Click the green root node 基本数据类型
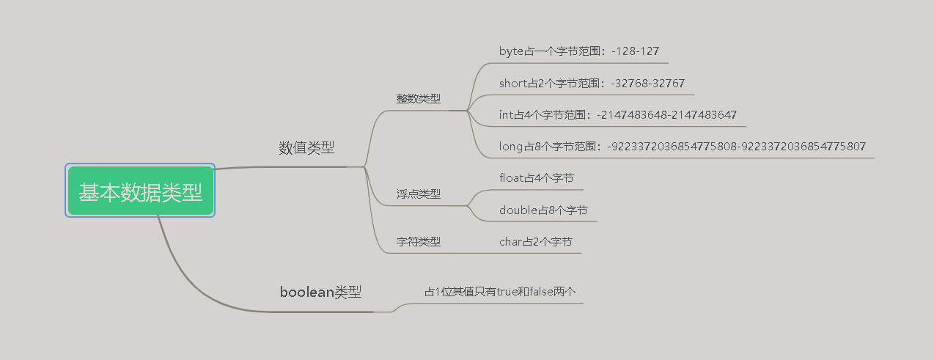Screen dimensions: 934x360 point(140,191)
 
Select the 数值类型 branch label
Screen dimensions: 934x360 point(306,147)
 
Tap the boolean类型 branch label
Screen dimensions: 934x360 point(320,292)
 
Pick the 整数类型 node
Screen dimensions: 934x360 point(419,98)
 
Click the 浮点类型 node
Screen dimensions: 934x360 point(419,194)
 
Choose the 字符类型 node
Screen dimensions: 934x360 point(419,241)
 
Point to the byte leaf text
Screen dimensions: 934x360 point(578,51)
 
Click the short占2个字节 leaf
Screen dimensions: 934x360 point(592,83)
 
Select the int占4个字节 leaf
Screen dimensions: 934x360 point(617,114)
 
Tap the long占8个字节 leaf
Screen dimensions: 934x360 point(682,147)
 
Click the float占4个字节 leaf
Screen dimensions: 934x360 point(536,177)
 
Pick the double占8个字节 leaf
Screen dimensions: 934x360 point(543,210)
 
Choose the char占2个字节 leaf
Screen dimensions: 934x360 point(535,241)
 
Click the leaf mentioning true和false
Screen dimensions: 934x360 point(500,292)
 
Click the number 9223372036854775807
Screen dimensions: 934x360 point(804,147)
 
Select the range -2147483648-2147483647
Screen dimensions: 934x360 point(666,114)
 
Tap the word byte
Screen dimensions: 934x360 point(512,51)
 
